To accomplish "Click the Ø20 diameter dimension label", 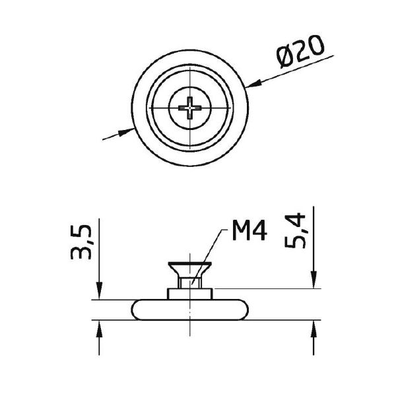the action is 300,51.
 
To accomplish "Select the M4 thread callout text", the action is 249,230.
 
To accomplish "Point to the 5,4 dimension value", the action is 295,230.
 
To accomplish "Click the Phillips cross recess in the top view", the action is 190,108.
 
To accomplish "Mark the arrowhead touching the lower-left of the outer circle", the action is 126,132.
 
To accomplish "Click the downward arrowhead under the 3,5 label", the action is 99,291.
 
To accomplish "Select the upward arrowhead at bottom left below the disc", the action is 99,329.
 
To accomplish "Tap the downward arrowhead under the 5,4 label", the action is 313,280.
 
